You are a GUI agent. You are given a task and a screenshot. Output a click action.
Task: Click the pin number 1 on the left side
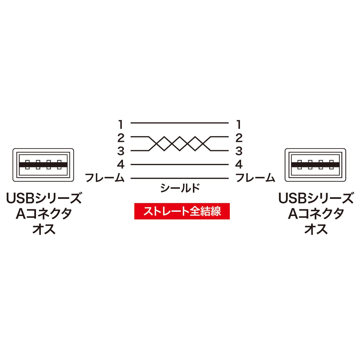click(x=121, y=124)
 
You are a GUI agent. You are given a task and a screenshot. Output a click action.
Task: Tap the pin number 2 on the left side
click(x=121, y=138)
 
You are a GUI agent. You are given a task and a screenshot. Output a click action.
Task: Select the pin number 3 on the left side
click(x=121, y=151)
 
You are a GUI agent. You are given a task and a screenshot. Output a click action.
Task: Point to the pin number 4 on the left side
click(x=121, y=164)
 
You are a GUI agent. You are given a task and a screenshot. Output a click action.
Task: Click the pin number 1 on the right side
click(x=239, y=124)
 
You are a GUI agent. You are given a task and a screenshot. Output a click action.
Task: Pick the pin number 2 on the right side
click(x=239, y=138)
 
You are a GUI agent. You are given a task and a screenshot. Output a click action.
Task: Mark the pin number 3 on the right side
click(x=239, y=151)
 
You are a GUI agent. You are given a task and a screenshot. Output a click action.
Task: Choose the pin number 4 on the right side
click(x=239, y=164)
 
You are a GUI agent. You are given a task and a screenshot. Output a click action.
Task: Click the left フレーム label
click(x=105, y=178)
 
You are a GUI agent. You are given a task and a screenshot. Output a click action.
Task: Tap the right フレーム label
click(x=255, y=178)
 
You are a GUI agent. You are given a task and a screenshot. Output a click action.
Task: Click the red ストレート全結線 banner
click(x=182, y=211)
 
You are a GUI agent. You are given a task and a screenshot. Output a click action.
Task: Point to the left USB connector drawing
click(x=43, y=164)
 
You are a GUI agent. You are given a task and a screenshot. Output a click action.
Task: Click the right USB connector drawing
click(x=315, y=164)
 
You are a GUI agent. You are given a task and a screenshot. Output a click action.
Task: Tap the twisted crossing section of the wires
click(x=180, y=144)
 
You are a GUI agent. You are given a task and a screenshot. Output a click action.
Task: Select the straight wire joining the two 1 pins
click(x=180, y=123)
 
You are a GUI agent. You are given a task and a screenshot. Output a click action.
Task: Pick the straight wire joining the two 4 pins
click(x=180, y=164)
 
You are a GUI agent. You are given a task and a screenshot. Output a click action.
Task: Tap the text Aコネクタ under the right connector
click(x=316, y=214)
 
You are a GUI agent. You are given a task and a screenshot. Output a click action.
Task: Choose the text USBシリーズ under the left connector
click(x=44, y=198)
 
